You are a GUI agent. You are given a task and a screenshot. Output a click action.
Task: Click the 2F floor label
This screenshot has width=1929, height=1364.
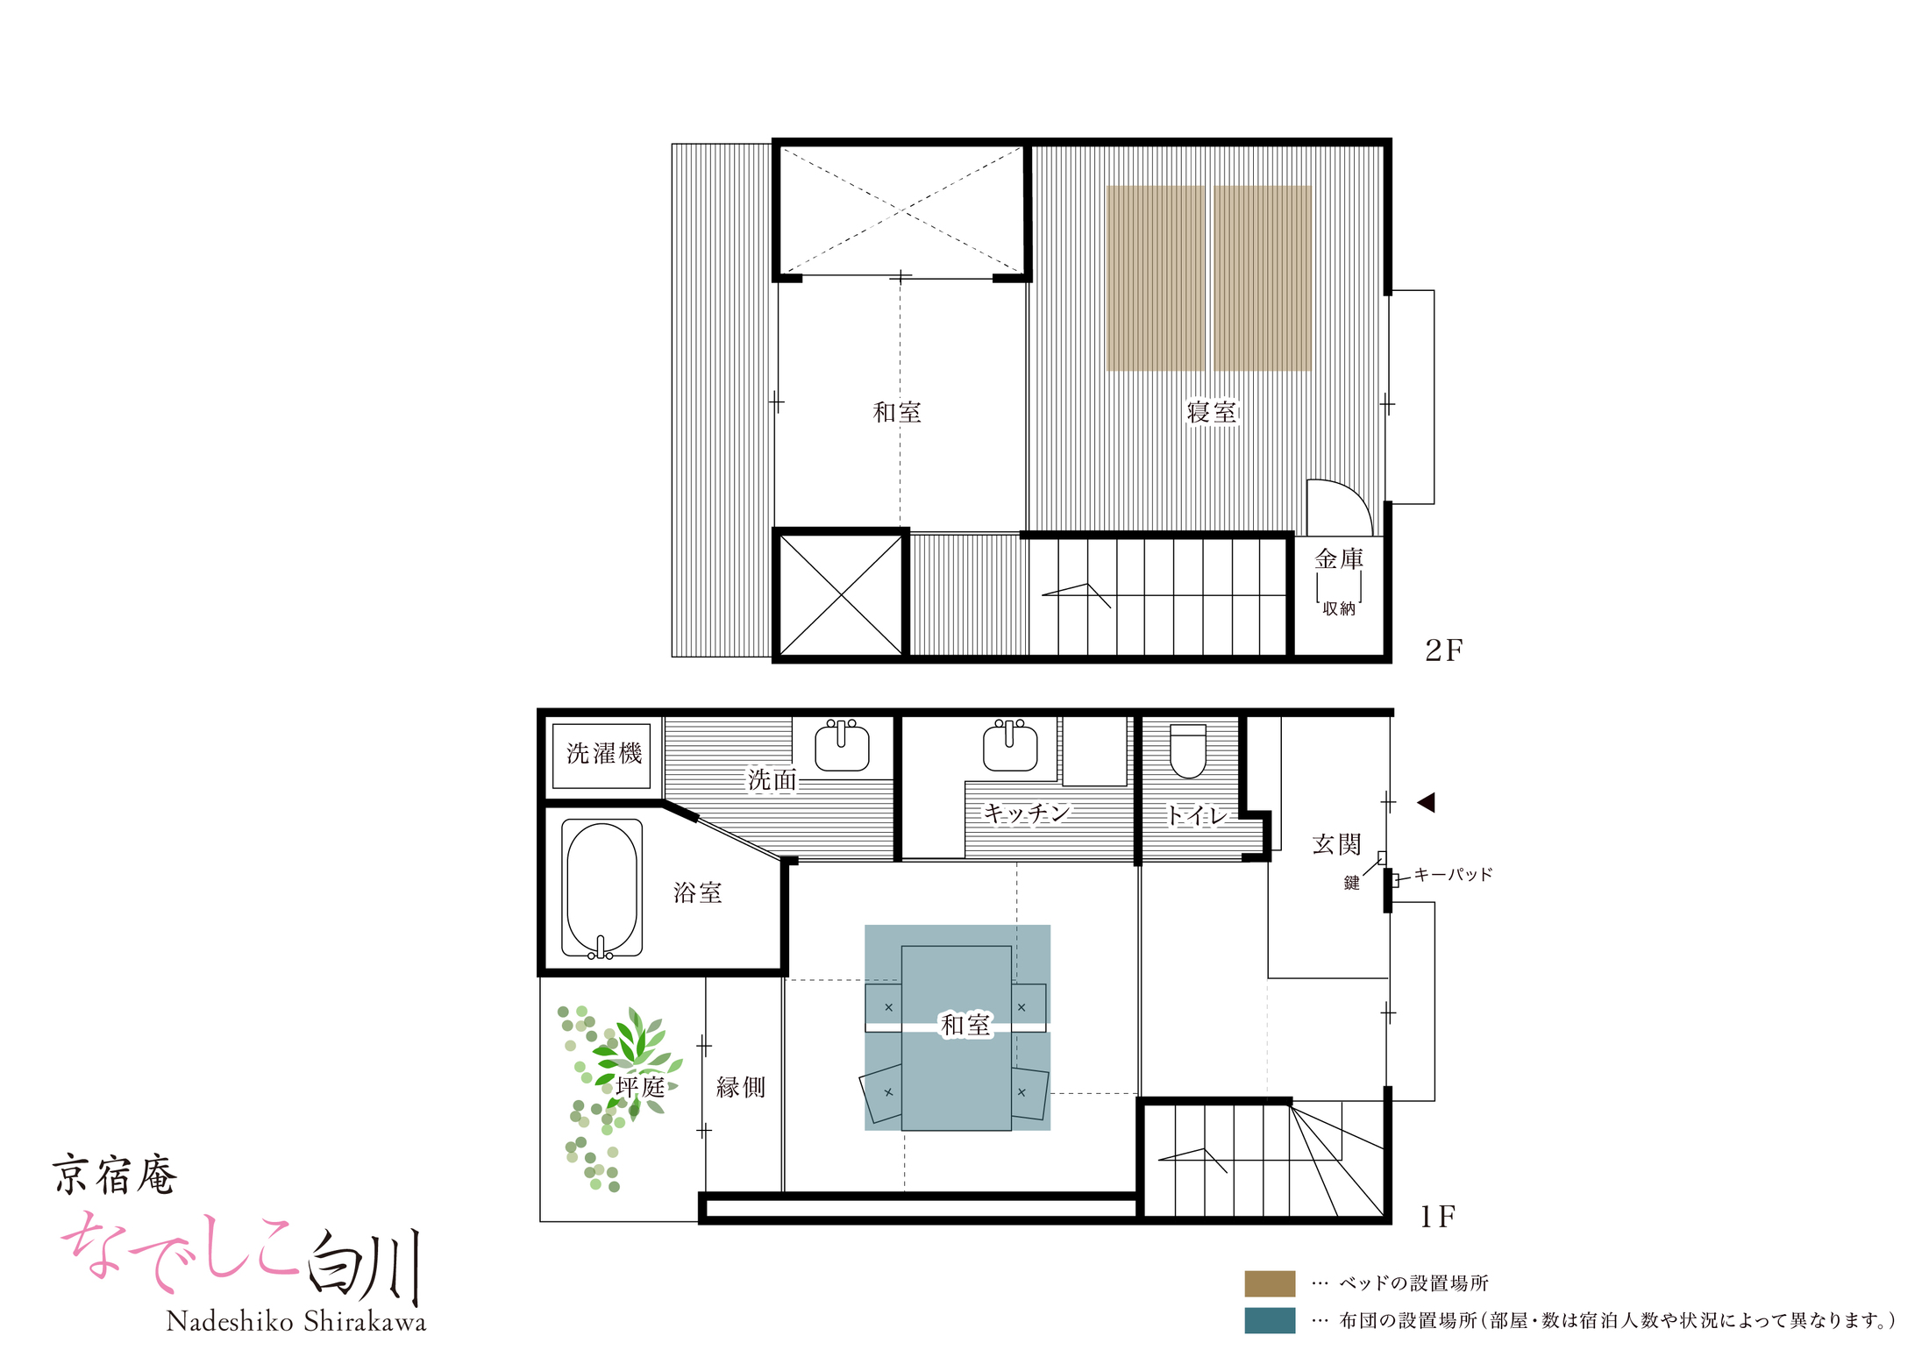pos(1443,650)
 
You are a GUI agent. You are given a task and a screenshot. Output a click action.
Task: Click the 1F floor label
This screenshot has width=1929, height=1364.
pos(1438,1217)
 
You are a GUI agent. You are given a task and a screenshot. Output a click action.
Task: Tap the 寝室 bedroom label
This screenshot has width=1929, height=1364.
pos(1212,412)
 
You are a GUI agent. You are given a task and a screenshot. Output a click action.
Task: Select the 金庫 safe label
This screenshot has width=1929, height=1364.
pos(1339,558)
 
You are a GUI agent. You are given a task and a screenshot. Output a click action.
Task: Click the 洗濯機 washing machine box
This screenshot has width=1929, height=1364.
pos(601,756)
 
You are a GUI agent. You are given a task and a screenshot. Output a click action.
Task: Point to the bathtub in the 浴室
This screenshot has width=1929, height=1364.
pos(601,888)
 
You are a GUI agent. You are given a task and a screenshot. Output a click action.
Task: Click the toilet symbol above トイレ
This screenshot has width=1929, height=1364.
pos(1188,750)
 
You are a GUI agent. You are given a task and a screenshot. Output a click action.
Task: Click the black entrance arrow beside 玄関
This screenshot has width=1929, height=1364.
pos(1427,802)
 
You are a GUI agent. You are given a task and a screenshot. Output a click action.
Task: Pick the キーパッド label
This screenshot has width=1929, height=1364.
pos(1453,874)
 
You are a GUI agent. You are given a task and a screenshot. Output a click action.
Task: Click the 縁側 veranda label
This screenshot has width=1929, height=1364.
pos(741,1087)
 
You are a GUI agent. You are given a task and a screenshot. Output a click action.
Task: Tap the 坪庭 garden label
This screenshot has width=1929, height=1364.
pos(640,1087)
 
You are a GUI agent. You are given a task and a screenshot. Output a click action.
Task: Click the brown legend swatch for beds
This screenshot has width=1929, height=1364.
pos(1270,1283)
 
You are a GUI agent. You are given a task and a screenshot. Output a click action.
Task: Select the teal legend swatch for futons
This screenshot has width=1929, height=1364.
pos(1270,1320)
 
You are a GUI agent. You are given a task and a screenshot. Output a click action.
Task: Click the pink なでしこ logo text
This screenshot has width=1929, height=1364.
pos(180,1251)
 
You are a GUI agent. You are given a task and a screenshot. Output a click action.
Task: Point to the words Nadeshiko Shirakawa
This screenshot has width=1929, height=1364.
pos(296,1321)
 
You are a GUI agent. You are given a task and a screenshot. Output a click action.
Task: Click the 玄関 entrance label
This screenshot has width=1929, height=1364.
pos(1336,844)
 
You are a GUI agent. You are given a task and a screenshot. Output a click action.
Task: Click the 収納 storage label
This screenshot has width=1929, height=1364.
pos(1339,608)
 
